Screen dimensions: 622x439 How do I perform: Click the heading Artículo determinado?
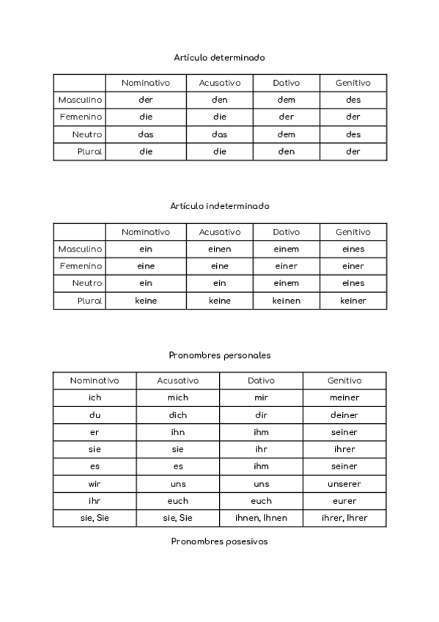(x=219, y=56)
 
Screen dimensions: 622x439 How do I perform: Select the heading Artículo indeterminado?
(x=219, y=206)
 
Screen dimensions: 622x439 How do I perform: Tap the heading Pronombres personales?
(x=219, y=355)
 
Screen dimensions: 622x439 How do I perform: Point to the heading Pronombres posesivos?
(x=219, y=541)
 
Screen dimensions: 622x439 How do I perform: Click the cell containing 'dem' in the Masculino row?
(x=286, y=100)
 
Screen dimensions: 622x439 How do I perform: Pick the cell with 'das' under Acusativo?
(x=219, y=134)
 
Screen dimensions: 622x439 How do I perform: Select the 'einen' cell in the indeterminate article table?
(x=219, y=249)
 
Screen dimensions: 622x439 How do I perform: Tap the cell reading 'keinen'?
(x=286, y=301)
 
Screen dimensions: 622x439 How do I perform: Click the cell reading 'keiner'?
(x=353, y=301)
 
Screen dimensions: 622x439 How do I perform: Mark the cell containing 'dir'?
(x=261, y=415)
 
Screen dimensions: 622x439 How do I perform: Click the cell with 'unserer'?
(x=344, y=484)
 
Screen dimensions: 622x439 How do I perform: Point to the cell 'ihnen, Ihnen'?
(x=261, y=519)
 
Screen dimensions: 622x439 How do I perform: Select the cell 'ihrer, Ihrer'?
(x=344, y=519)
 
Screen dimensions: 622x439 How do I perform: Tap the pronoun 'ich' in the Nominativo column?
(x=94, y=398)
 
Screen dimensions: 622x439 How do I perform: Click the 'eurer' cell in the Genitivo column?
(x=344, y=501)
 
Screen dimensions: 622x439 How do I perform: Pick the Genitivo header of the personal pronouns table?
(x=344, y=381)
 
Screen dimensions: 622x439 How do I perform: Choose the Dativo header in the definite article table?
(x=286, y=83)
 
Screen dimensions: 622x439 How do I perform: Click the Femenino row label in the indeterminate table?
(x=81, y=266)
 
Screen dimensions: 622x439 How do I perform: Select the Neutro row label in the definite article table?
(x=86, y=134)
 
